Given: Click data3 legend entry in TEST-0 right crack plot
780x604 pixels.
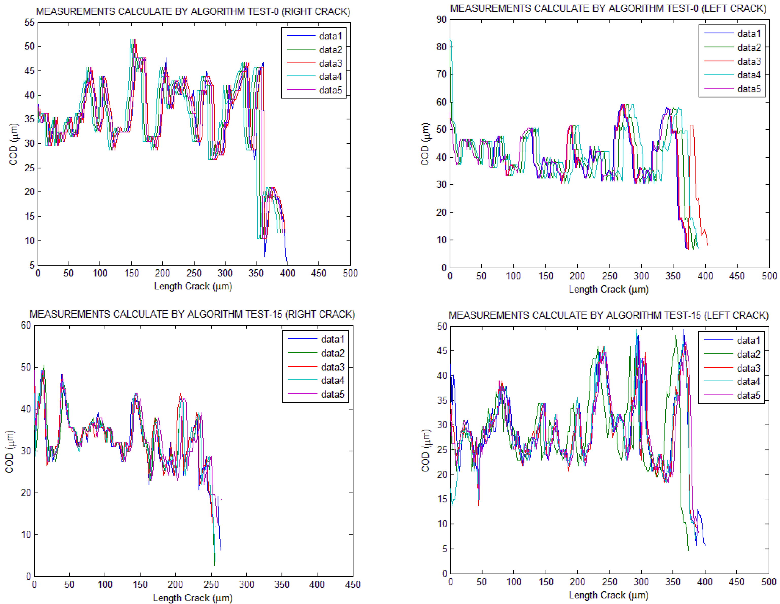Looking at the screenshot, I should [x=330, y=63].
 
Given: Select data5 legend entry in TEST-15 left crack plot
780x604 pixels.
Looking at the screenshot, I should [x=748, y=395].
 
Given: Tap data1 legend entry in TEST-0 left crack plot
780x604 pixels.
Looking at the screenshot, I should [x=749, y=34].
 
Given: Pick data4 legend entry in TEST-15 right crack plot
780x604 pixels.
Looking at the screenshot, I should [x=332, y=380].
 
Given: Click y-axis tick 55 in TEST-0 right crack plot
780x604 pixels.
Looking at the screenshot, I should [x=30, y=23].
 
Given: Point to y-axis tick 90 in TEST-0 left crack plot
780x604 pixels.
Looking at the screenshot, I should [x=442, y=20].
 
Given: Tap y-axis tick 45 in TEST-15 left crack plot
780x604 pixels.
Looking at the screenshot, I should [x=442, y=351].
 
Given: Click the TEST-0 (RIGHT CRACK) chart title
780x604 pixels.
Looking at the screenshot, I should [x=193, y=11].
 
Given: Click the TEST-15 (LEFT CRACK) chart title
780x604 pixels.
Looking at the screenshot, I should [x=608, y=315].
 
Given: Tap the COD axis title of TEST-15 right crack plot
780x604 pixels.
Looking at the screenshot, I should [x=10, y=451].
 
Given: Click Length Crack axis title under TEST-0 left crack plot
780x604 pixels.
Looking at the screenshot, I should [x=608, y=289].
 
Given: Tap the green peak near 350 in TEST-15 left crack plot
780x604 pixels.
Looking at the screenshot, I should [x=675, y=336].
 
